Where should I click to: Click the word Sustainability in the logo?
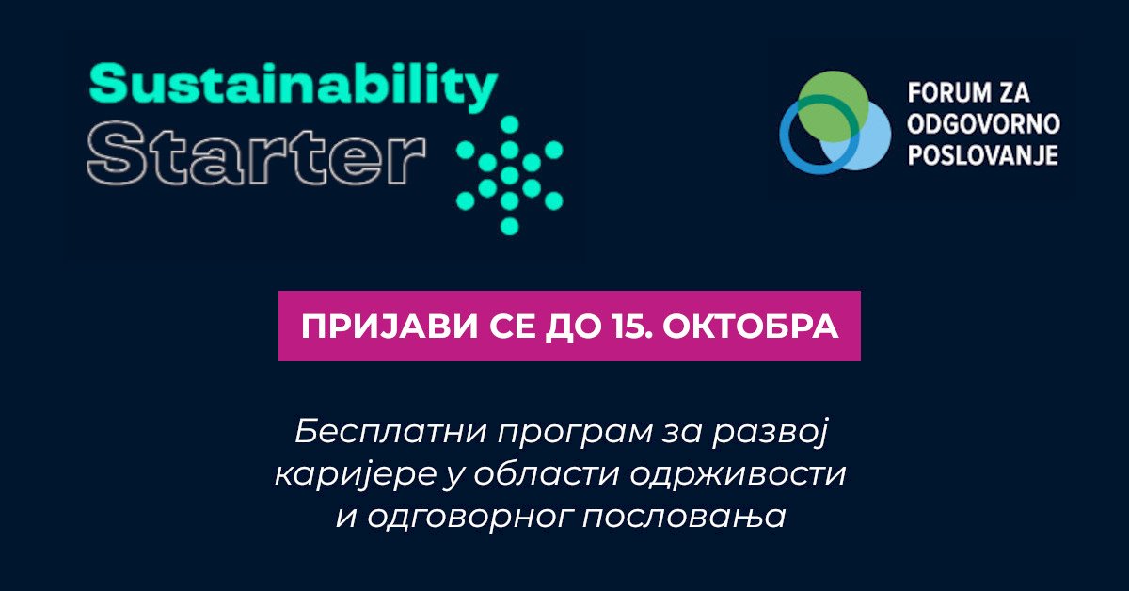294,88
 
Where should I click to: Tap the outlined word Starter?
256,152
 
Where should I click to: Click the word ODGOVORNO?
983,124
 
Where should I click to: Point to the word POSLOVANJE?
983,154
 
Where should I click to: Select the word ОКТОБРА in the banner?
750,327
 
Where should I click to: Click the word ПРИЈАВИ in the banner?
390,327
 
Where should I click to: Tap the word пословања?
684,518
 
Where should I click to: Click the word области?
546,473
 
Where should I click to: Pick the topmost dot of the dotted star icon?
510,124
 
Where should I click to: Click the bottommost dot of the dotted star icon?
510,226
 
